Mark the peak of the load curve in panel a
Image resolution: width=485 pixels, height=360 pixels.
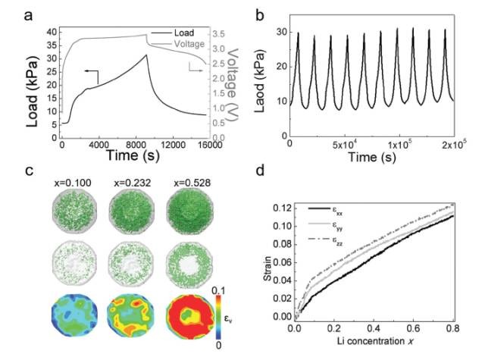coord(146,55)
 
